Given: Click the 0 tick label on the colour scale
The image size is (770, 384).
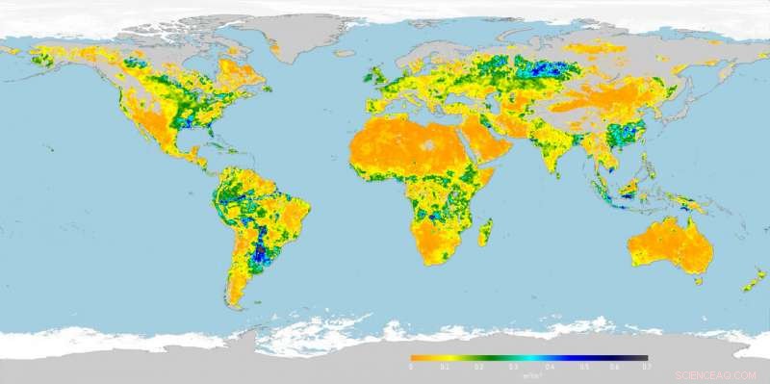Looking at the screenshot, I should pyautogui.click(x=411, y=367).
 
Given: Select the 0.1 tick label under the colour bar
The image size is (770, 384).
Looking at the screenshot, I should pyautogui.click(x=445, y=367).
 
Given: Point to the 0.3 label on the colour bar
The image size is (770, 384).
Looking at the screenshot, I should pyautogui.click(x=513, y=367).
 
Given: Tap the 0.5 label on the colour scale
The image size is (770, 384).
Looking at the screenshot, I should pyautogui.click(x=580, y=367).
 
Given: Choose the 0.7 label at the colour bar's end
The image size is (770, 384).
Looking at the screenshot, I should pyautogui.click(x=647, y=367).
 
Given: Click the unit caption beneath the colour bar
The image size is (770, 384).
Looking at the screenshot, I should pyautogui.click(x=528, y=376).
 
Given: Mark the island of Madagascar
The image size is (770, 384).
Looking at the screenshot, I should pyautogui.click(x=486, y=233).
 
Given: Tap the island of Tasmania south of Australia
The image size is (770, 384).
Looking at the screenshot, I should pyautogui.click(x=698, y=281).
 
